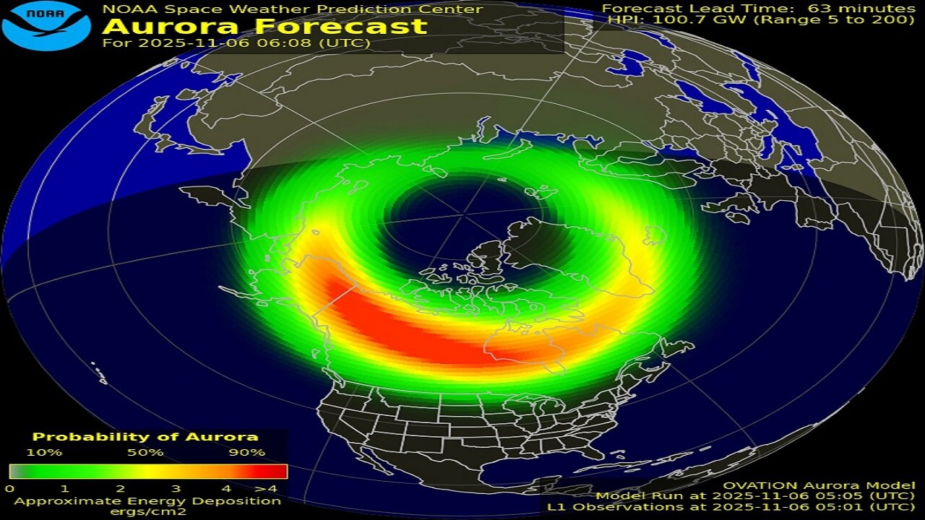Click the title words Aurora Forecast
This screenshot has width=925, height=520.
[264, 27]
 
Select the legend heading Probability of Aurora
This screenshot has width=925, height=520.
[145, 437]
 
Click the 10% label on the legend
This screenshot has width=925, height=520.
[45, 453]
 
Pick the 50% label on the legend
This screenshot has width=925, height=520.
[146, 453]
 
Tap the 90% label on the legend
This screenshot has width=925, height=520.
[247, 453]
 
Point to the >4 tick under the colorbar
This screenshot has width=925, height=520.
[275, 489]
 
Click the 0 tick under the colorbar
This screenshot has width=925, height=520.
[9, 489]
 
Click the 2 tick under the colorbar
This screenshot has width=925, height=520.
[119, 489]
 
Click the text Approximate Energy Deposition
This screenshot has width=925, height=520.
[147, 500]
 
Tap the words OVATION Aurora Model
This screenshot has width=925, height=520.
[819, 486]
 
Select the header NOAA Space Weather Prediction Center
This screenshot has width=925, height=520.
[292, 9]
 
